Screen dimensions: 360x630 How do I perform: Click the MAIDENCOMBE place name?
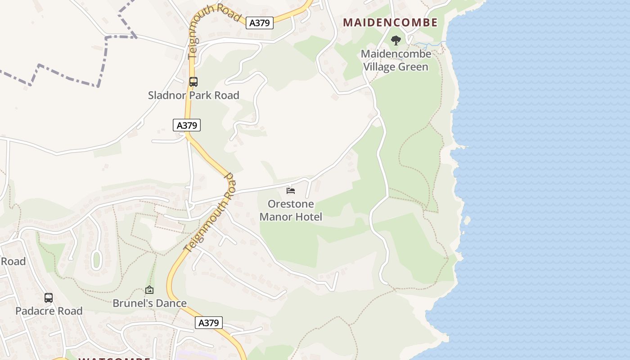point(390,22)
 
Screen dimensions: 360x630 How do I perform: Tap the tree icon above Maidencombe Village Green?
point(396,40)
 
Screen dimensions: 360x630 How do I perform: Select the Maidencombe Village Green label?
point(396,60)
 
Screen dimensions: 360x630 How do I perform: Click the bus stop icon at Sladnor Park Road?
point(193,82)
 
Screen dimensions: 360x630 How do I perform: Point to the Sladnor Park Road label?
point(193,95)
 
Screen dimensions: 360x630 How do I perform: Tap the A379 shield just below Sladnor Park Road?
point(187,125)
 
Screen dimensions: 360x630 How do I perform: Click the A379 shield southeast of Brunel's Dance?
point(209,323)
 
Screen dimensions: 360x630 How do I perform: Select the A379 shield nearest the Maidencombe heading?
point(260,23)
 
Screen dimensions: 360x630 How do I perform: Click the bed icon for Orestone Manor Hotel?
point(291,191)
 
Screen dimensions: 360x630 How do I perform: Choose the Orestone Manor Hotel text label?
point(291,210)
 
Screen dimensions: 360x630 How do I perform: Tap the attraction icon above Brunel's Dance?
point(149,290)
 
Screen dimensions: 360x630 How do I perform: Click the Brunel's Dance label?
point(149,303)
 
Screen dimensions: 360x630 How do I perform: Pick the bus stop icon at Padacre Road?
point(49,297)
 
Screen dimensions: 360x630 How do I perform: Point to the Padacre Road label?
point(49,311)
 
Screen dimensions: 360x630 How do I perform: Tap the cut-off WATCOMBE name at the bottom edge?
point(114,359)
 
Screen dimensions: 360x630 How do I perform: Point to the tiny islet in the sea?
point(467,220)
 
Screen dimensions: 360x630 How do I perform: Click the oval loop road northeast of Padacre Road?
point(96,260)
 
